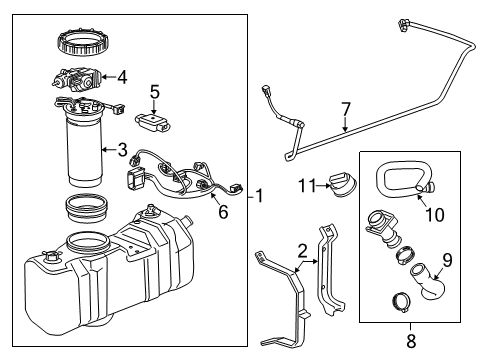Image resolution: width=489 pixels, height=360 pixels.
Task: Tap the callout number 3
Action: coord(122,150)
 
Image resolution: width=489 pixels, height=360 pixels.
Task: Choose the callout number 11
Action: coord(309,184)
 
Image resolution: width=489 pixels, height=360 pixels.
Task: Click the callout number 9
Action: coord(446,259)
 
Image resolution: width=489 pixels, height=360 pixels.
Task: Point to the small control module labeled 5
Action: coord(154,122)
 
